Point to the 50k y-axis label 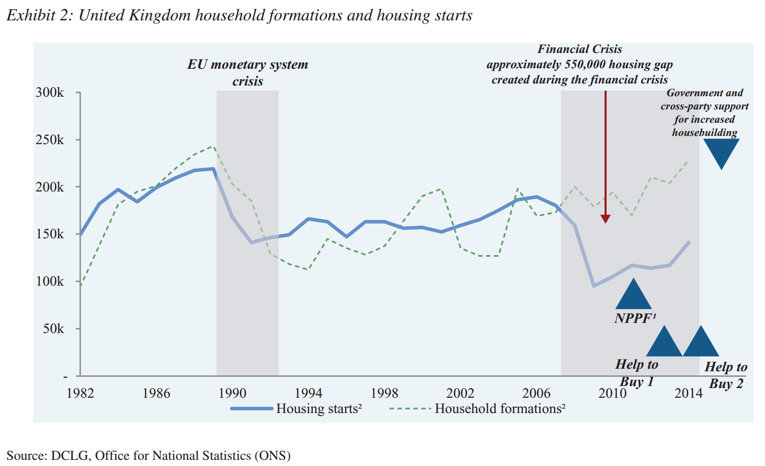point(53,329)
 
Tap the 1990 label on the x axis point(232,393)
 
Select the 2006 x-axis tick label point(536,393)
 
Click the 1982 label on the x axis point(80,393)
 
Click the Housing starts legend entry point(296,408)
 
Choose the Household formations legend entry point(477,408)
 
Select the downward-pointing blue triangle point(721,154)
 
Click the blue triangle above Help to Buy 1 point(664,341)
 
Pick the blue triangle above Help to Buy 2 point(701,341)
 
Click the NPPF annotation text point(635,318)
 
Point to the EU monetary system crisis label point(248,73)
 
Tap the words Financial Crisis point(580,49)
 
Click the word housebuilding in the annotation point(704,132)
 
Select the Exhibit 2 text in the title point(40,15)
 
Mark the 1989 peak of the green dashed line point(213,147)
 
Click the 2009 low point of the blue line point(594,286)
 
